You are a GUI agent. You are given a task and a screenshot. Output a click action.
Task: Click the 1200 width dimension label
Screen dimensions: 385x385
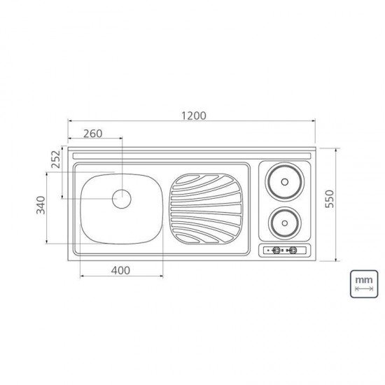(x=194, y=115)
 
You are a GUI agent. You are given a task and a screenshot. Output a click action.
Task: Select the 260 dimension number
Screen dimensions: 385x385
(x=93, y=134)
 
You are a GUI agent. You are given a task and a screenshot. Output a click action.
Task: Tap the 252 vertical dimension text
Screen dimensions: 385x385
(x=56, y=159)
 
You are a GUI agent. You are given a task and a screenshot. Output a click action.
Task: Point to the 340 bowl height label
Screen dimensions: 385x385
(x=41, y=205)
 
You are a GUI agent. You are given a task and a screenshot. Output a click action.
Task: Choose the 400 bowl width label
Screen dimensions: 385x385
(x=120, y=270)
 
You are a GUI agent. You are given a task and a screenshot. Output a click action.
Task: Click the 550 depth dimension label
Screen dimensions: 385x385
(x=330, y=199)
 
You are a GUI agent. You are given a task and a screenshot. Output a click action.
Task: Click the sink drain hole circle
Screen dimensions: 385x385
(x=122, y=199)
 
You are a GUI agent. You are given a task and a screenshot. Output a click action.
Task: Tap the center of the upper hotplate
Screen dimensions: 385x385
(x=285, y=182)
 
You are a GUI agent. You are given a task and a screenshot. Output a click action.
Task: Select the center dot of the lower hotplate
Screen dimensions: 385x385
(x=285, y=223)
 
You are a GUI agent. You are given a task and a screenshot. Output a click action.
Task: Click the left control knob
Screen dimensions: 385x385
(x=276, y=251)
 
